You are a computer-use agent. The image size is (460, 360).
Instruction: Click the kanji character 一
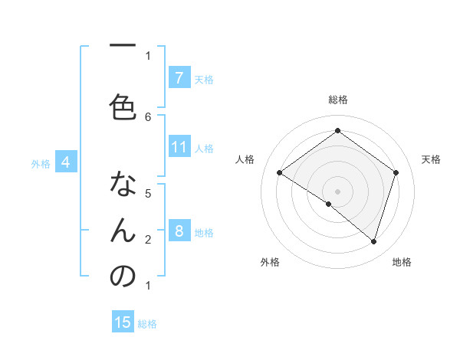[x=122, y=46]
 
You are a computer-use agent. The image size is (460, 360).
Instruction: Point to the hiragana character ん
[x=122, y=230]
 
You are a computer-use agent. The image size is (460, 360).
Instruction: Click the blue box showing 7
[x=179, y=77]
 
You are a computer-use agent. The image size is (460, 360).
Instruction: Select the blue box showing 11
[x=179, y=147]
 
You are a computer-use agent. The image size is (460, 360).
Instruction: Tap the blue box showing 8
[x=179, y=231]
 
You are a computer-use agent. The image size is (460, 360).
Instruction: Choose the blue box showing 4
[x=66, y=162]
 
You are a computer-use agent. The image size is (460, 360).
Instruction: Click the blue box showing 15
[x=123, y=322]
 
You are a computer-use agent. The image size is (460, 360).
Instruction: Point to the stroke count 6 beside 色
[x=148, y=117]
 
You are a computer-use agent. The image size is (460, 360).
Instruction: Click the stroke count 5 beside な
[x=148, y=193]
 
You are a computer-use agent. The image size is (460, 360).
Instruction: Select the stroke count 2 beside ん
[x=148, y=239]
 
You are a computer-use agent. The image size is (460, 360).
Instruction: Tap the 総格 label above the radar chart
[x=337, y=100]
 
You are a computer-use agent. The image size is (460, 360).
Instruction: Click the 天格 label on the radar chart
[x=431, y=159]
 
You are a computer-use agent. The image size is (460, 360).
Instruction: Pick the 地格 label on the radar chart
[x=402, y=262]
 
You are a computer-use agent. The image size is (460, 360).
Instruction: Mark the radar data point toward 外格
[x=329, y=204]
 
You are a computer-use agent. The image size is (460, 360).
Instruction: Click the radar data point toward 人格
[x=279, y=173]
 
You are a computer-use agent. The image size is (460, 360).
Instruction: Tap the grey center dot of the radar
[x=337, y=191]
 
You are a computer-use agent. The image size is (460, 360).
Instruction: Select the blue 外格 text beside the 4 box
[x=40, y=163]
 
